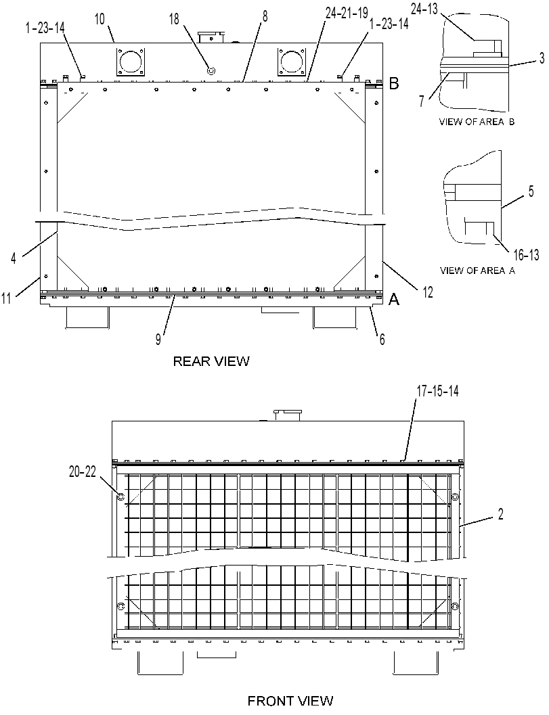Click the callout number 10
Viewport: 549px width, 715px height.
click(100, 19)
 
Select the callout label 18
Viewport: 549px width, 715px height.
click(175, 19)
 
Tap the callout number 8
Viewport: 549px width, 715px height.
click(265, 16)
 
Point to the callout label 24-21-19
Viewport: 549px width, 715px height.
click(347, 14)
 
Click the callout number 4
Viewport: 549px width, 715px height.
click(14, 258)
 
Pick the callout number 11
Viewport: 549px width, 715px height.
click(6, 299)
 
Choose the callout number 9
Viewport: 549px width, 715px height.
click(158, 340)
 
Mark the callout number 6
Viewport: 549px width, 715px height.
click(382, 339)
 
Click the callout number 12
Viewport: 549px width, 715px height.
click(428, 292)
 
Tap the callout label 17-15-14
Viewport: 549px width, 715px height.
click(437, 391)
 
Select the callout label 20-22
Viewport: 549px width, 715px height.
click(83, 472)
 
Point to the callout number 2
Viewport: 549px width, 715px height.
click(501, 514)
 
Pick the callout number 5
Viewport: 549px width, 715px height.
click(531, 191)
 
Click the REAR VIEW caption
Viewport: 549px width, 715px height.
click(211, 361)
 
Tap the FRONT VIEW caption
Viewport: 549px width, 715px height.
click(290, 700)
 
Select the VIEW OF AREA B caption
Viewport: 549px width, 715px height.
click(477, 122)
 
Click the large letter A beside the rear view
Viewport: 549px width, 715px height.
click(393, 299)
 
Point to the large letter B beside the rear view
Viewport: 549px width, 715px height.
click(394, 83)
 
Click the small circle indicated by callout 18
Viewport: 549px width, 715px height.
click(211, 70)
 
